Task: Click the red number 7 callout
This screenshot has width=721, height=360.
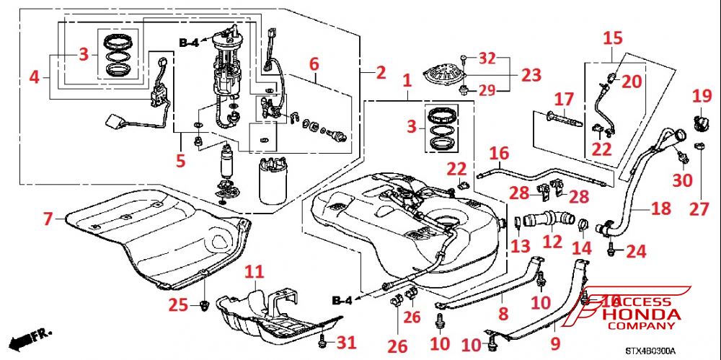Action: [x=48, y=217]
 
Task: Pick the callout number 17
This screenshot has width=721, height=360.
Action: [x=563, y=97]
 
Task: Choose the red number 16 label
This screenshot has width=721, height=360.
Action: [x=499, y=153]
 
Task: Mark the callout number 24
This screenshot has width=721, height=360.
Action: [x=637, y=252]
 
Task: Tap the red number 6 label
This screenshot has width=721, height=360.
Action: [x=314, y=63]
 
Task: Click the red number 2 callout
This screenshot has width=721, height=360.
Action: [x=380, y=73]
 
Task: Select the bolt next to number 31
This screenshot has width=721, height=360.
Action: [x=322, y=339]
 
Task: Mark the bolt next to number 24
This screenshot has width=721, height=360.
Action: [x=612, y=250]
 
